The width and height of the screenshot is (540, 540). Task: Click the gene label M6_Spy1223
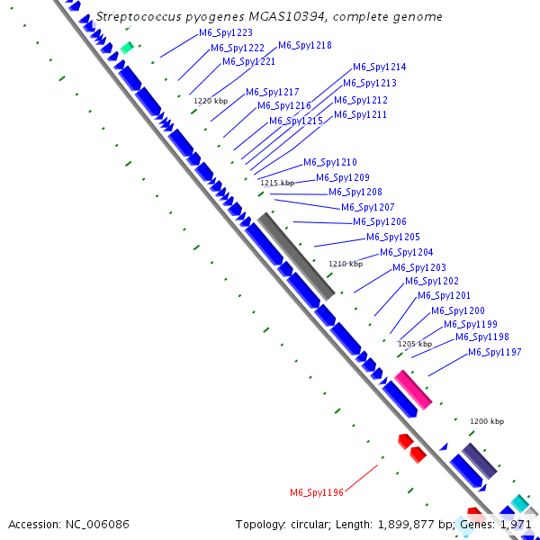tap(226, 33)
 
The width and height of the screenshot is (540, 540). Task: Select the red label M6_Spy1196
tap(317, 492)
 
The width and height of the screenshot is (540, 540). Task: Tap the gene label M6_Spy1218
tap(304, 46)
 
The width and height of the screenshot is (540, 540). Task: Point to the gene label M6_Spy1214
tap(379, 67)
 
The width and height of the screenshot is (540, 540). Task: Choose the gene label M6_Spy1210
tap(329, 163)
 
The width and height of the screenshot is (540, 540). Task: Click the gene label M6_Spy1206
tap(379, 222)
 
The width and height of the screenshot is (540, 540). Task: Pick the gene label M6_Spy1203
tap(418, 268)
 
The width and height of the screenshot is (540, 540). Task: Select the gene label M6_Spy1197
tap(494, 353)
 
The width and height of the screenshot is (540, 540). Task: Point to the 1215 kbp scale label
tap(277, 183)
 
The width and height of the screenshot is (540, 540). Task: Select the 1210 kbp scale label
tap(346, 264)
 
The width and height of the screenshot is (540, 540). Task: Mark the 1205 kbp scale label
tap(415, 344)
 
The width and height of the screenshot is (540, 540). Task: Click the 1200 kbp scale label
tap(487, 421)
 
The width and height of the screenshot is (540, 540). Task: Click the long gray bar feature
tap(296, 256)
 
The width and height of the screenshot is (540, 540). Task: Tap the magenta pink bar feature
tap(414, 389)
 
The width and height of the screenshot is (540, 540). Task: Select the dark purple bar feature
tap(479, 461)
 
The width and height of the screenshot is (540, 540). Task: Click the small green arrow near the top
tap(127, 47)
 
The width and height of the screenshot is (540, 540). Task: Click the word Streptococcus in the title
tap(136, 16)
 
